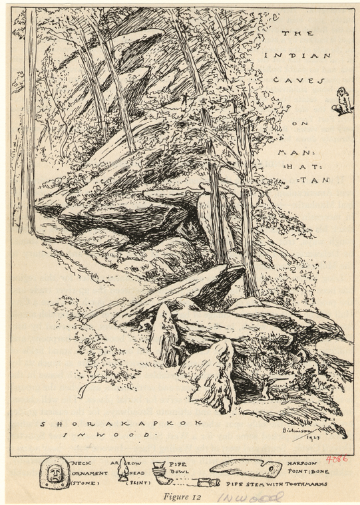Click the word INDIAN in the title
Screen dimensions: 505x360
pos(297,56)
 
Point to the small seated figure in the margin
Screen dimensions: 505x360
pos(341,101)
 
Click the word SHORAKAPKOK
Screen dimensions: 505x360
pos(120,423)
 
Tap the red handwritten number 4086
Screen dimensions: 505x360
pos(337,459)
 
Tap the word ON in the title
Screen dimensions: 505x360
pos(303,123)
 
